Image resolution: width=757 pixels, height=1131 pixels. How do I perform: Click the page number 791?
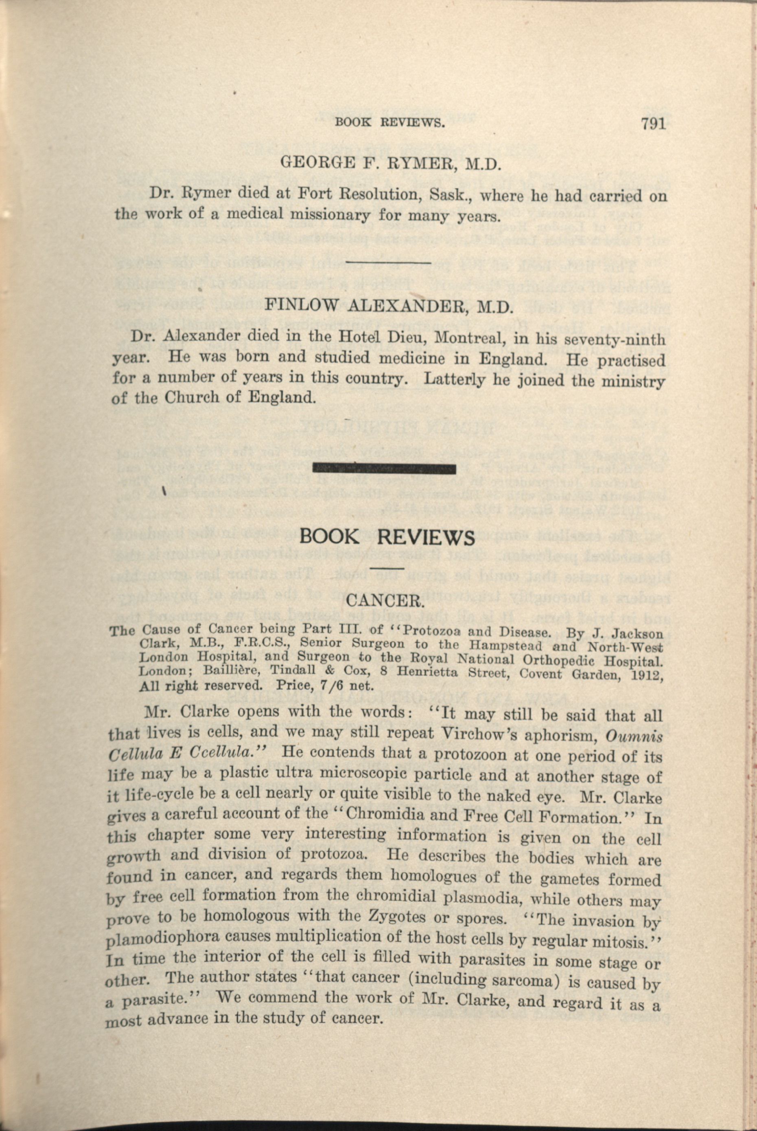click(653, 124)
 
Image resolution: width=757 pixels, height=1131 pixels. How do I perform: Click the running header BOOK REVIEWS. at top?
click(389, 122)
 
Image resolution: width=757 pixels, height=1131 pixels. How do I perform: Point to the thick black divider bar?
click(385, 468)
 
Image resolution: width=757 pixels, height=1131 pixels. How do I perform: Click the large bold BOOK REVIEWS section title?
click(387, 536)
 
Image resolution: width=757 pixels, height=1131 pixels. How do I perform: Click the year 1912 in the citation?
click(645, 675)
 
